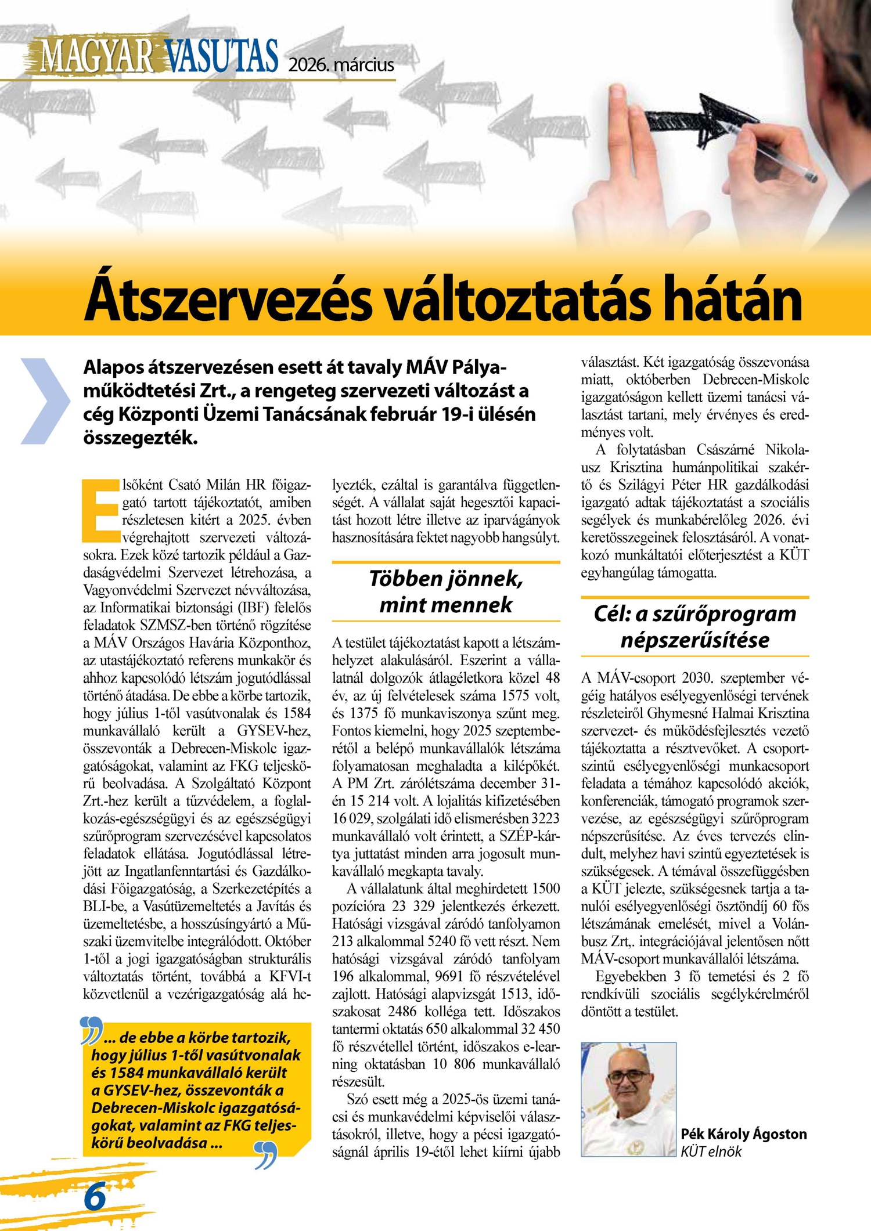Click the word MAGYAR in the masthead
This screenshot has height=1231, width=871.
click(x=96, y=57)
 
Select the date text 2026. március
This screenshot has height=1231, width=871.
click(x=341, y=64)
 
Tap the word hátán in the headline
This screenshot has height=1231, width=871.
click(x=734, y=299)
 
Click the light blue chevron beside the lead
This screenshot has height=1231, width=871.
click(x=45, y=401)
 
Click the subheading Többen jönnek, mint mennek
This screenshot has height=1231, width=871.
click(x=446, y=591)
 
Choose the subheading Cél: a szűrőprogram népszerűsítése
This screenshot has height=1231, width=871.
click(x=694, y=627)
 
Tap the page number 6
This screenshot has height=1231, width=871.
click(x=95, y=1196)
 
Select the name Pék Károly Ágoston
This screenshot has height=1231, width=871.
click(x=744, y=1134)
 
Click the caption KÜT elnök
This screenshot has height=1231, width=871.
click(x=711, y=1151)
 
